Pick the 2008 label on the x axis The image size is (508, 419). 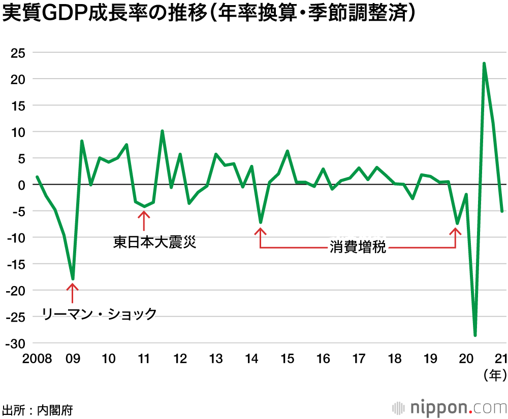click(x=37, y=359)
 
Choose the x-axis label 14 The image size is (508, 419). click(x=251, y=359)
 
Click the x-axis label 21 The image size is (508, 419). click(x=501, y=359)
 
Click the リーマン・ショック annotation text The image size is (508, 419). click(x=99, y=314)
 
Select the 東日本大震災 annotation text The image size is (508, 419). click(x=154, y=242)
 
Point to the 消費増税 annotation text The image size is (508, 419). click(x=358, y=248)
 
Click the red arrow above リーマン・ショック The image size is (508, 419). click(x=73, y=293)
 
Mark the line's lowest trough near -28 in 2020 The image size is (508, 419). click(x=475, y=335)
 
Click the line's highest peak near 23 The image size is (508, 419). click(x=484, y=63)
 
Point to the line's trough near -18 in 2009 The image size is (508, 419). click(x=73, y=279)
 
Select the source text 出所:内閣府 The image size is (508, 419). click(x=37, y=410)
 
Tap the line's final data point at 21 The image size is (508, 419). click(x=502, y=212)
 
